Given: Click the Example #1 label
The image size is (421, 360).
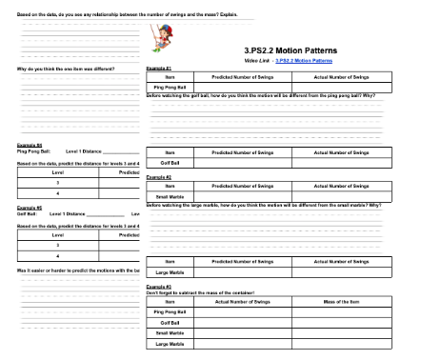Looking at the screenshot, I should (x=157, y=69).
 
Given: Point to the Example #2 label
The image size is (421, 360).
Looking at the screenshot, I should (x=157, y=177).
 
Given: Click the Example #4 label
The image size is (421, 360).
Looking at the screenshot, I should (x=29, y=145).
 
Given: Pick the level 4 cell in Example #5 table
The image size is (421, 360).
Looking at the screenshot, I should (x=57, y=255).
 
